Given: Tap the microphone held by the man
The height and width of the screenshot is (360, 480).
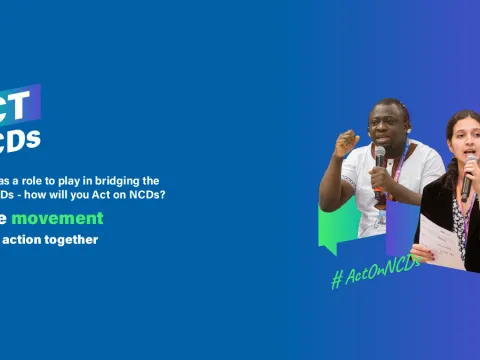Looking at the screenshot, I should coord(379,158).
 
